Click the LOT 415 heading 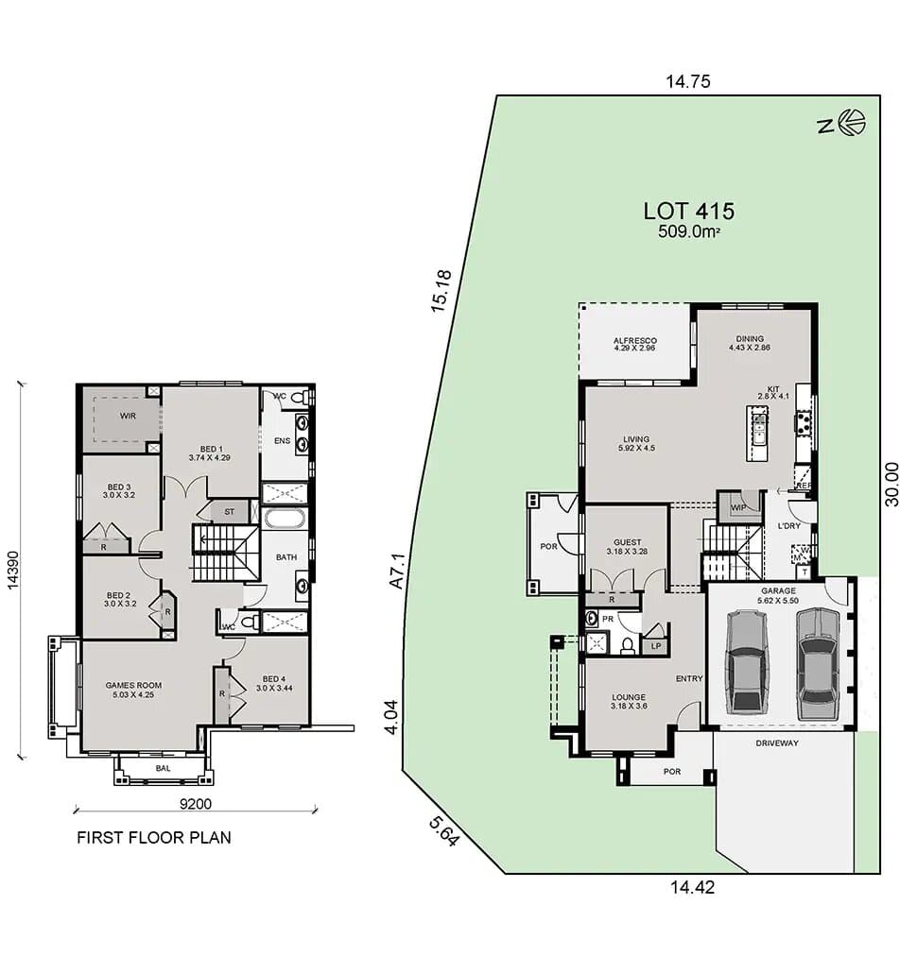coord(688,211)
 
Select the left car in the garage coord(747,661)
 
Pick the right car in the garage coord(817,663)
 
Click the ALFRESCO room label coord(635,341)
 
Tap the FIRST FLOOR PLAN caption coord(153,837)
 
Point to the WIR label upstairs coord(129,416)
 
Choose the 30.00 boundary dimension coord(893,485)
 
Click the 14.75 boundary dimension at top coord(687,82)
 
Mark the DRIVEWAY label coord(777,743)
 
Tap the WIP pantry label coord(738,506)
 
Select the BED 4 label coord(273,679)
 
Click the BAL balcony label coord(163,769)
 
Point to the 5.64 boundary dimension coord(443,830)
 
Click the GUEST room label coord(629,542)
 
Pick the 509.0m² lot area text coord(688,231)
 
